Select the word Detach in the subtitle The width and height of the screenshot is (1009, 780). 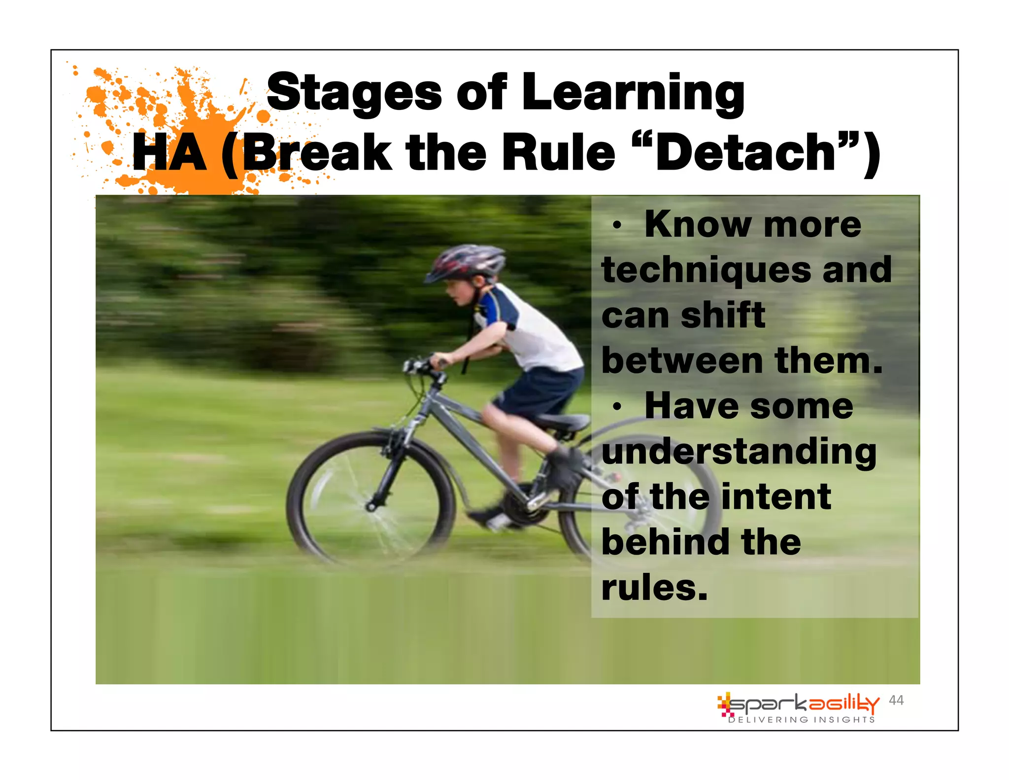point(745,153)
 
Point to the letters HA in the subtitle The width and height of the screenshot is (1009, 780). point(169,153)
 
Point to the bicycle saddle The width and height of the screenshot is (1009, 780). point(564,422)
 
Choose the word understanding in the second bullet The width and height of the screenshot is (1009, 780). point(739,452)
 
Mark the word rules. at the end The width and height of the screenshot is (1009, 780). point(654,588)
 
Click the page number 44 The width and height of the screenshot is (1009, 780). point(896,700)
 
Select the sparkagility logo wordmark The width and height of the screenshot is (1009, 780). point(803,704)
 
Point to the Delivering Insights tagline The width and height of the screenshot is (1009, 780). point(802,720)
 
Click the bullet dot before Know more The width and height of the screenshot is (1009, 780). point(616,226)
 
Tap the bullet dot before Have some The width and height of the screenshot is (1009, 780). point(616,407)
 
